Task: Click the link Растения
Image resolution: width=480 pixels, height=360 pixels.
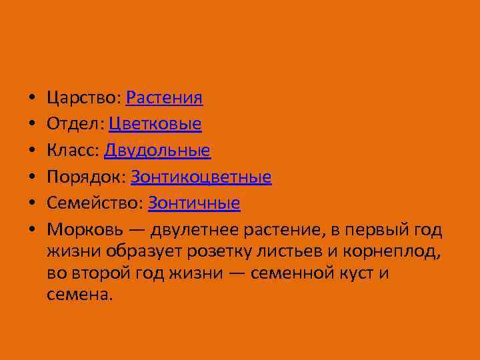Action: tap(164, 99)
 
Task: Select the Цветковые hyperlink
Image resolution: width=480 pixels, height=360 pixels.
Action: tap(155, 125)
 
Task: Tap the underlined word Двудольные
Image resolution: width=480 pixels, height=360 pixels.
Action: tap(157, 151)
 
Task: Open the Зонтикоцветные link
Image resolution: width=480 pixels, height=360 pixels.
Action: tap(201, 177)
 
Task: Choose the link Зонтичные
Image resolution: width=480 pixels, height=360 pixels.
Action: tap(194, 203)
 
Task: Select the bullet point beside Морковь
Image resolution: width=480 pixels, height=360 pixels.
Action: tap(32, 230)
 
